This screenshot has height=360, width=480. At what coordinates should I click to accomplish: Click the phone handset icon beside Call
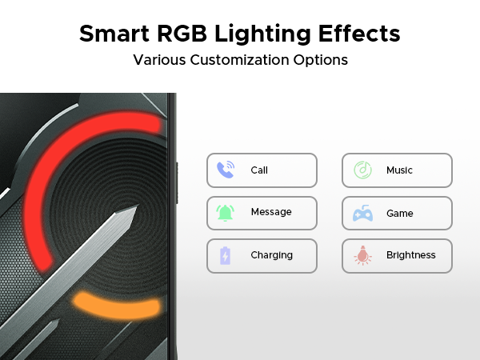click(x=225, y=170)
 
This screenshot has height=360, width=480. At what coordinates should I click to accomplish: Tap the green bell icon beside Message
click(x=225, y=213)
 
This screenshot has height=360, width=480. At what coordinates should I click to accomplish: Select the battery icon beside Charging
click(x=225, y=256)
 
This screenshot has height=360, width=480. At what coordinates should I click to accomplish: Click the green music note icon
click(x=362, y=170)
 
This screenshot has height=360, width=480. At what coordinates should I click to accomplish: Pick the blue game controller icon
click(x=362, y=214)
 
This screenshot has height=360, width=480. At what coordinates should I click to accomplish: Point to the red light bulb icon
click(x=362, y=256)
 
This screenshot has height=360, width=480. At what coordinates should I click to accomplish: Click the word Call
click(x=259, y=170)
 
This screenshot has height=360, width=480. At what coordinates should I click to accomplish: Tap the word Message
click(x=270, y=213)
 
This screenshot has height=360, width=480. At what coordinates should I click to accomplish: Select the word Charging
click(x=271, y=256)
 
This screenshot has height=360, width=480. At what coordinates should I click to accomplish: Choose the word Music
click(x=399, y=170)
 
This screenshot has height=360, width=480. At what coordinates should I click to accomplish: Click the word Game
click(x=399, y=214)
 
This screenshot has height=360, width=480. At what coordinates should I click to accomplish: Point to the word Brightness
click(x=411, y=255)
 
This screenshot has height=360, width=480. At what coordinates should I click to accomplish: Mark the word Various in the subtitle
click(x=158, y=60)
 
